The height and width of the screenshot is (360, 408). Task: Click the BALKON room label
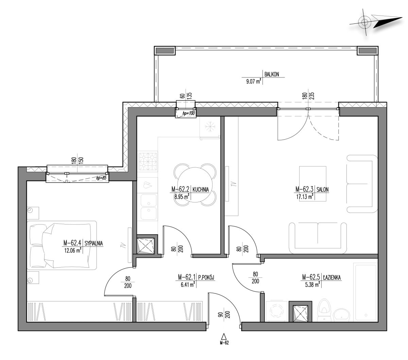tap(271, 74)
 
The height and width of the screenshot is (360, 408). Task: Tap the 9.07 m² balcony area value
tap(254, 81)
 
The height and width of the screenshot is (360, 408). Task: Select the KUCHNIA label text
tap(201, 190)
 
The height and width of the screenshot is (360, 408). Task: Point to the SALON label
tap(322, 190)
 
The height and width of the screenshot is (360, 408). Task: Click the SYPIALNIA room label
tap(93, 243)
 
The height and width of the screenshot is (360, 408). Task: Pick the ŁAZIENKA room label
tap(332, 277)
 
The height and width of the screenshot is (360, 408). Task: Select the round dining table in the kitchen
tap(194, 185)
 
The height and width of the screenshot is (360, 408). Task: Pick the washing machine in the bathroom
tap(277, 311)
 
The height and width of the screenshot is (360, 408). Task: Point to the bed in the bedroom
tap(62, 245)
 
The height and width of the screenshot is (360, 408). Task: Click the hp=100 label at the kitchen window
tap(189, 113)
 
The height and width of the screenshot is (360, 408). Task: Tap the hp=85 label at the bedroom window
tap(101, 178)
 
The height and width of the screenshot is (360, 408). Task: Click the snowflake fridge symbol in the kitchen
tap(210, 127)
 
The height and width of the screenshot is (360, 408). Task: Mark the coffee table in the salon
tap(312, 183)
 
